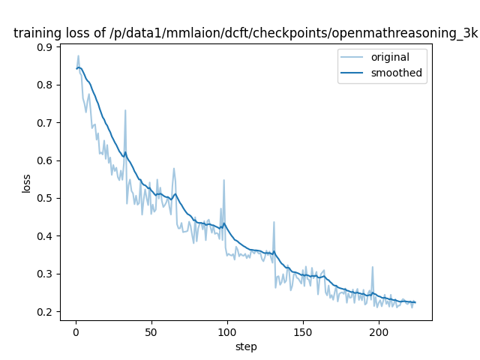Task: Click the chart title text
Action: (245, 33)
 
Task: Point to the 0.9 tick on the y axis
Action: (45, 47)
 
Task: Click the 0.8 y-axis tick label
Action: (45, 85)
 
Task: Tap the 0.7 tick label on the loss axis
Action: (45, 123)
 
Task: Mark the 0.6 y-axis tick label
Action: (45, 160)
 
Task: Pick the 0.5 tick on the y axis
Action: (45, 198)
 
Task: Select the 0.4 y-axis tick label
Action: (45, 236)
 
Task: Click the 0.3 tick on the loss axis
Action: (45, 274)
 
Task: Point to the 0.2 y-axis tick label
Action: (45, 312)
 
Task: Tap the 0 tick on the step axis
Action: (76, 332)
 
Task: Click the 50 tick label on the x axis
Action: (151, 332)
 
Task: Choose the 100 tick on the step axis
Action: (227, 332)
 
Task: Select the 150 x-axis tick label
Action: (303, 332)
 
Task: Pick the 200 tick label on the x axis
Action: (379, 332)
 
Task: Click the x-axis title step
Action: (246, 346)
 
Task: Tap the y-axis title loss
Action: (26, 183)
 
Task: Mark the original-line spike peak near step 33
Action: (125, 111)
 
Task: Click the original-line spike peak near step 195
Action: (372, 267)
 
